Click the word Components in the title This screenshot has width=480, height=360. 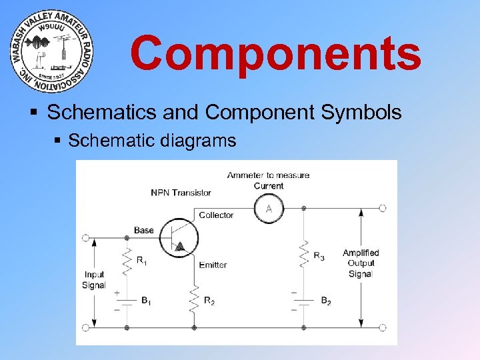coord(275,53)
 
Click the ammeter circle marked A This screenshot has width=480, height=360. coord(269,209)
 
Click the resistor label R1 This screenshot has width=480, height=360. coord(141,261)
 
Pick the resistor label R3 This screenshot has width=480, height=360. coord(319,257)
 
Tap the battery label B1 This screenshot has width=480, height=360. coord(146,301)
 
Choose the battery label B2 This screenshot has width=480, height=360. coord(325,301)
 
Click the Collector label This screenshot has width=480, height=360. coord(216,215)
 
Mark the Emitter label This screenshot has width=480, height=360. coord(213,265)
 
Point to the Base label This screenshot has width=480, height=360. coord(143,231)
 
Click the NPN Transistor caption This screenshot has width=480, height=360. coord(181,193)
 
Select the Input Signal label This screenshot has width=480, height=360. coord(94,280)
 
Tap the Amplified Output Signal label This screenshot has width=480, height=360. coord(361,263)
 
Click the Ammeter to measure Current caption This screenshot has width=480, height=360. coord(268,180)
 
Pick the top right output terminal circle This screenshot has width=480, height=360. coord(383,209)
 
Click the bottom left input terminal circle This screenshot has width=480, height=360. coord(85,327)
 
